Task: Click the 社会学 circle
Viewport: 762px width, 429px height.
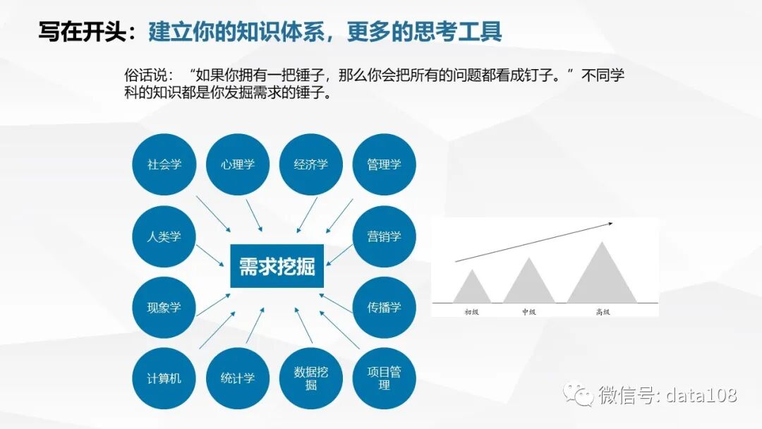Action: click(x=164, y=164)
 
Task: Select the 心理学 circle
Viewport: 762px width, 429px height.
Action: click(x=238, y=164)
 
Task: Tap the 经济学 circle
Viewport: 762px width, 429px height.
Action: click(x=311, y=164)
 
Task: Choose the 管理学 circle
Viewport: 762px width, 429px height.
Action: click(x=384, y=164)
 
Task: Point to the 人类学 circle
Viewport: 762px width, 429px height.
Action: click(x=164, y=236)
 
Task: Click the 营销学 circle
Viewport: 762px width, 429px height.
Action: click(x=384, y=236)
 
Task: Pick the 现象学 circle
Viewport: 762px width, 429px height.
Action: click(x=164, y=308)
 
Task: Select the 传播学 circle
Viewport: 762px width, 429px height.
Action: click(x=384, y=308)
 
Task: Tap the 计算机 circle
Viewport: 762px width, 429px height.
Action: click(x=164, y=378)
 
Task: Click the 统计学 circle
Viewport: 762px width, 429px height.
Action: click(x=238, y=378)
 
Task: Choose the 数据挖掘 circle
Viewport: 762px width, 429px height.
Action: click(x=311, y=378)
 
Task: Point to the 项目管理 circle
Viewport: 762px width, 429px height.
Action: click(x=384, y=378)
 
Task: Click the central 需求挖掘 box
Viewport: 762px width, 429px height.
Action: click(x=277, y=267)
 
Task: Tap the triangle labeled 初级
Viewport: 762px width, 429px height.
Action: click(x=472, y=290)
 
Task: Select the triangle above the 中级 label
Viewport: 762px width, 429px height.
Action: click(x=529, y=284)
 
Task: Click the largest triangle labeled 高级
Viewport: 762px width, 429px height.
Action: click(x=602, y=278)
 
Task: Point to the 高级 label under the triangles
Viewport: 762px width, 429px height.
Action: click(x=602, y=311)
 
